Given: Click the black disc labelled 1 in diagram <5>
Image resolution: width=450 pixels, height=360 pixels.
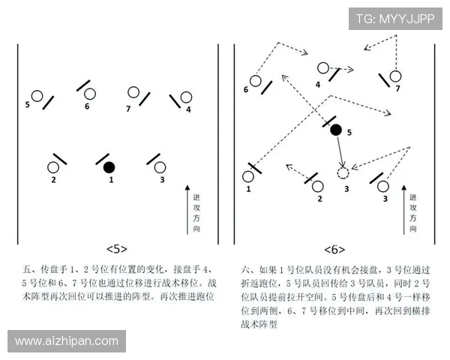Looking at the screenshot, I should (x=109, y=166).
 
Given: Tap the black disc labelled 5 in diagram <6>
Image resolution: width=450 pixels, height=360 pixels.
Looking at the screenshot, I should (x=336, y=130).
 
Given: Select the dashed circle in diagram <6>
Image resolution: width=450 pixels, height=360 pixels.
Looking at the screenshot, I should (x=343, y=173).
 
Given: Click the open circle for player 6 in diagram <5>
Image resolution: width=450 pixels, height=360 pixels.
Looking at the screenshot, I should (x=90, y=94).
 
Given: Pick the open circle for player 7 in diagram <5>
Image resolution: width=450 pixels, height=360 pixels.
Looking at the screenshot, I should (x=133, y=92).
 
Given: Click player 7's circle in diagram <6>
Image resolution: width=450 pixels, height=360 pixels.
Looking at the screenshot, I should (x=395, y=75).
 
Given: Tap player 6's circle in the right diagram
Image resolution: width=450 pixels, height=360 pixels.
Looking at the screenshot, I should (x=255, y=80).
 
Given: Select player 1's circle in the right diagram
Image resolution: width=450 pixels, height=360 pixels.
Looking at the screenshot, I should (x=248, y=177).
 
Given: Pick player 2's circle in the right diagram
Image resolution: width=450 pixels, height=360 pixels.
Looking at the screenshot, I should (x=318, y=185).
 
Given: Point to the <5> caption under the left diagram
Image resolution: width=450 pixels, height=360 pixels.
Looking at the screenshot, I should (x=116, y=248).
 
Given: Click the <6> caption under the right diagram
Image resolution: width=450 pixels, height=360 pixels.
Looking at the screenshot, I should (x=334, y=248).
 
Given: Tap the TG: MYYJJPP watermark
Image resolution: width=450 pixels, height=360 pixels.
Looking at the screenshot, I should (x=394, y=19).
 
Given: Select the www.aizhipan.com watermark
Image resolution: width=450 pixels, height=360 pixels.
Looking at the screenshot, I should (x=67, y=341).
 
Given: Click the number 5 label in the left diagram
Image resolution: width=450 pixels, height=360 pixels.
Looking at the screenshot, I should (x=27, y=104).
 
